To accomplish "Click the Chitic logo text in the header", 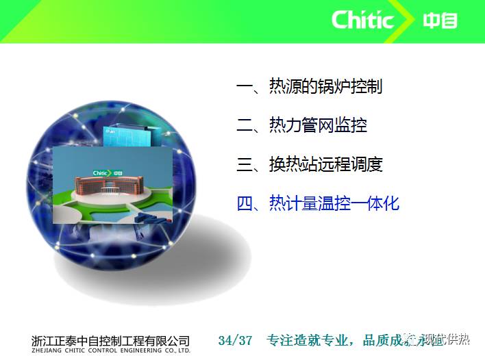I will [x=362, y=19].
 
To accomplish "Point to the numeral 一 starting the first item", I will [x=245, y=87].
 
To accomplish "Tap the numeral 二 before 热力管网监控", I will [x=245, y=125].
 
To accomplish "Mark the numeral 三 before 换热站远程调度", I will [x=245, y=164].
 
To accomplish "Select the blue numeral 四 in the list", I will [x=245, y=203].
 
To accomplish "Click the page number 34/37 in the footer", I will [x=235, y=340].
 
